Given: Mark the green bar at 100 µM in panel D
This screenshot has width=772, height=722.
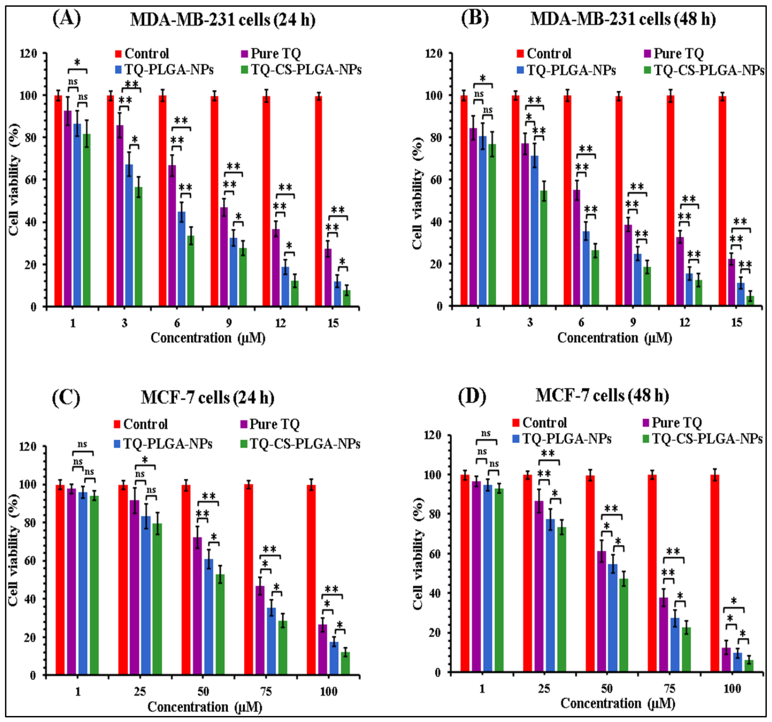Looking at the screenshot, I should pos(749,665).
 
